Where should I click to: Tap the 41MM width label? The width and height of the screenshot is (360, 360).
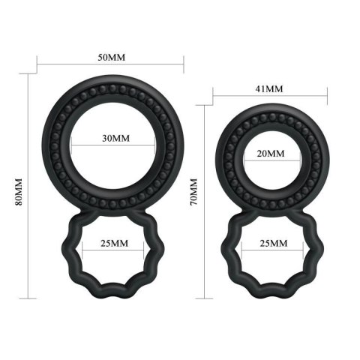click(x=269, y=88)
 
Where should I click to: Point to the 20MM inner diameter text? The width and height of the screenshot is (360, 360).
click(x=271, y=153)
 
